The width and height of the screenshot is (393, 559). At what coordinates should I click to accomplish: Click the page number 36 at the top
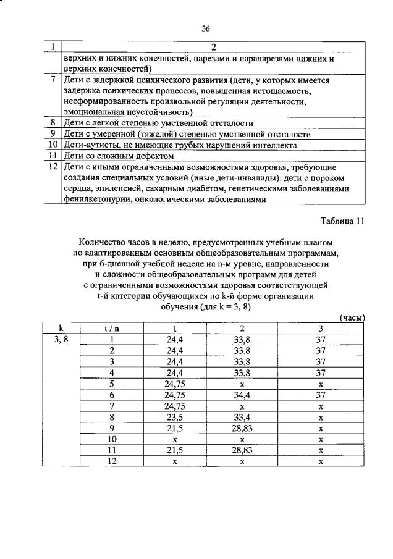206,28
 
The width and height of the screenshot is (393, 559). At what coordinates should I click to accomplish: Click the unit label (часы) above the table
353,317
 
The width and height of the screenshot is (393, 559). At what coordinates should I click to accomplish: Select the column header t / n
112,328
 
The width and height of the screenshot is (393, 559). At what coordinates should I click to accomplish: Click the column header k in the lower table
61,328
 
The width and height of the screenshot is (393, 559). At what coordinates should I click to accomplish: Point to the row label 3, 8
61,339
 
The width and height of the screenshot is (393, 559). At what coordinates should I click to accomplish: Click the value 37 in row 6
321,394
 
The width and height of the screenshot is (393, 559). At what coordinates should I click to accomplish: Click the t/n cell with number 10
112,439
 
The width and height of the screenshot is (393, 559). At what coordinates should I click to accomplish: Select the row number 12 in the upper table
53,167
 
